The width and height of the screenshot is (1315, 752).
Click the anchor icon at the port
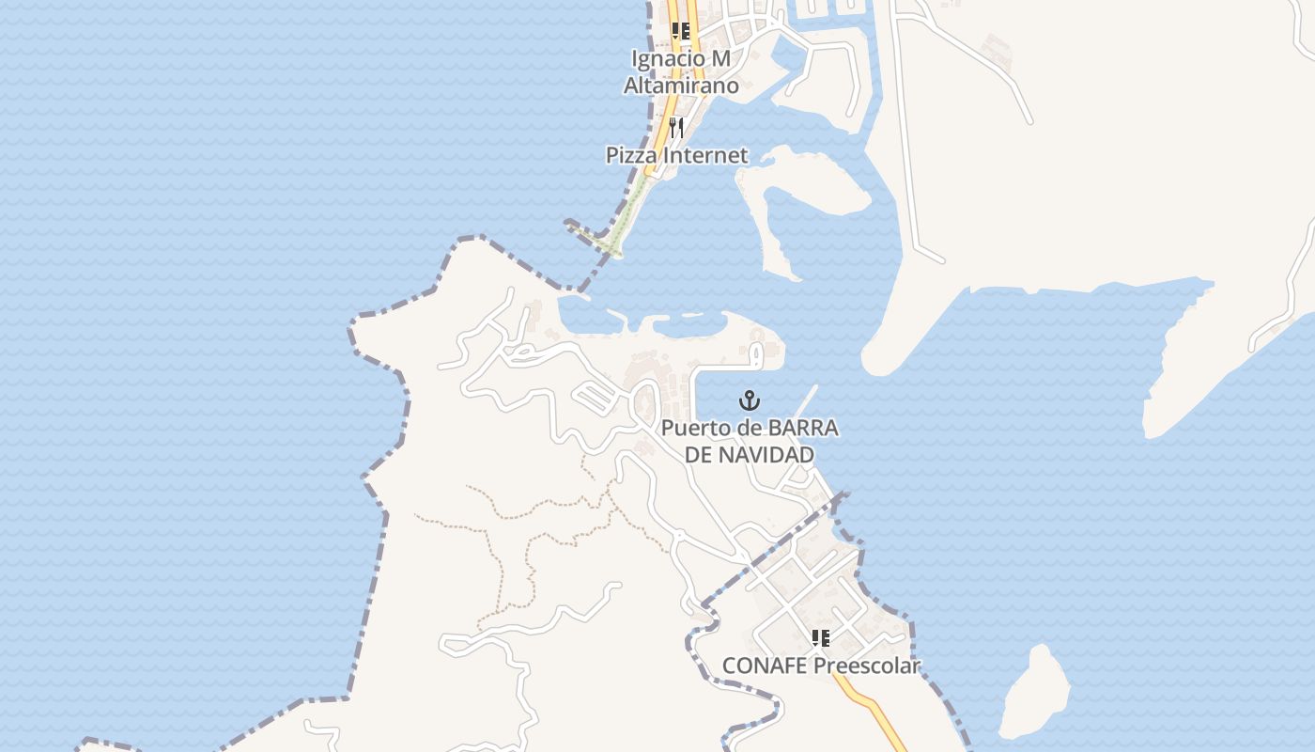(749, 400)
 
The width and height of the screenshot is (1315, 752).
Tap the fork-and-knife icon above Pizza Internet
(675, 127)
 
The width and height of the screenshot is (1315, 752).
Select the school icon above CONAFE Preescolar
(821, 639)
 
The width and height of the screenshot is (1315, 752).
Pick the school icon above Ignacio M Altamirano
(681, 31)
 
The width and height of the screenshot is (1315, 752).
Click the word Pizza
(633, 155)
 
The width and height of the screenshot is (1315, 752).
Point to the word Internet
(705, 155)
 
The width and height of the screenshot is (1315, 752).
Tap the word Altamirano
(681, 86)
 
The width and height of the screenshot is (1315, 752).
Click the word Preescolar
(866, 666)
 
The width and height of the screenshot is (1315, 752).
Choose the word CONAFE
(765, 666)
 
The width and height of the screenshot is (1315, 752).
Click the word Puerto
(696, 428)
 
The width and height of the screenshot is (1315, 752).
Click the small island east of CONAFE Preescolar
(1035, 694)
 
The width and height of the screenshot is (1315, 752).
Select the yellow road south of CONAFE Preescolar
(874, 710)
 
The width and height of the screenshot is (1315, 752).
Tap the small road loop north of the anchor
(754, 353)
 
